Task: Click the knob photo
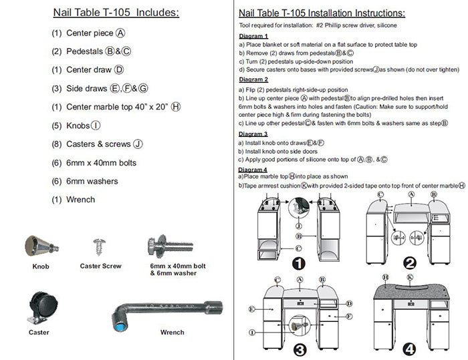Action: click(39, 246)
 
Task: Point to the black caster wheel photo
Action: click(41, 308)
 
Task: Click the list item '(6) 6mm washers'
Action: click(85, 182)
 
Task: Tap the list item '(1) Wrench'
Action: click(74, 199)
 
